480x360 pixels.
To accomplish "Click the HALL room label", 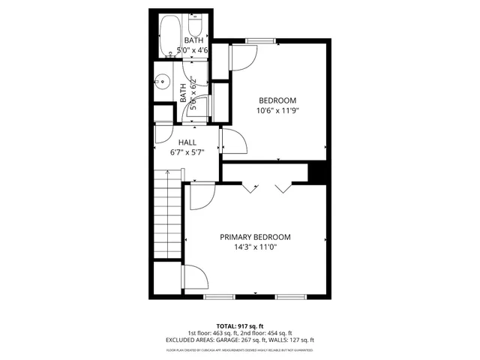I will [187, 141].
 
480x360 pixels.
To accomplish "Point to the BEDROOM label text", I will [277, 100].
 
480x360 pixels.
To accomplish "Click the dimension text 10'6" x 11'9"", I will [277, 111].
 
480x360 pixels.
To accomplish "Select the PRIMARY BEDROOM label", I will [255, 237].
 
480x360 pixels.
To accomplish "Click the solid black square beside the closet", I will [318, 172].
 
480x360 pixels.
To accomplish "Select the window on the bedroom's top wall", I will [259, 40].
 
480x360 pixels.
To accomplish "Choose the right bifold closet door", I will [283, 187].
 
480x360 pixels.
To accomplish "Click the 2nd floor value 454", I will [271, 332].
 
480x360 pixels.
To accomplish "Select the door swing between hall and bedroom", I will [231, 140].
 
